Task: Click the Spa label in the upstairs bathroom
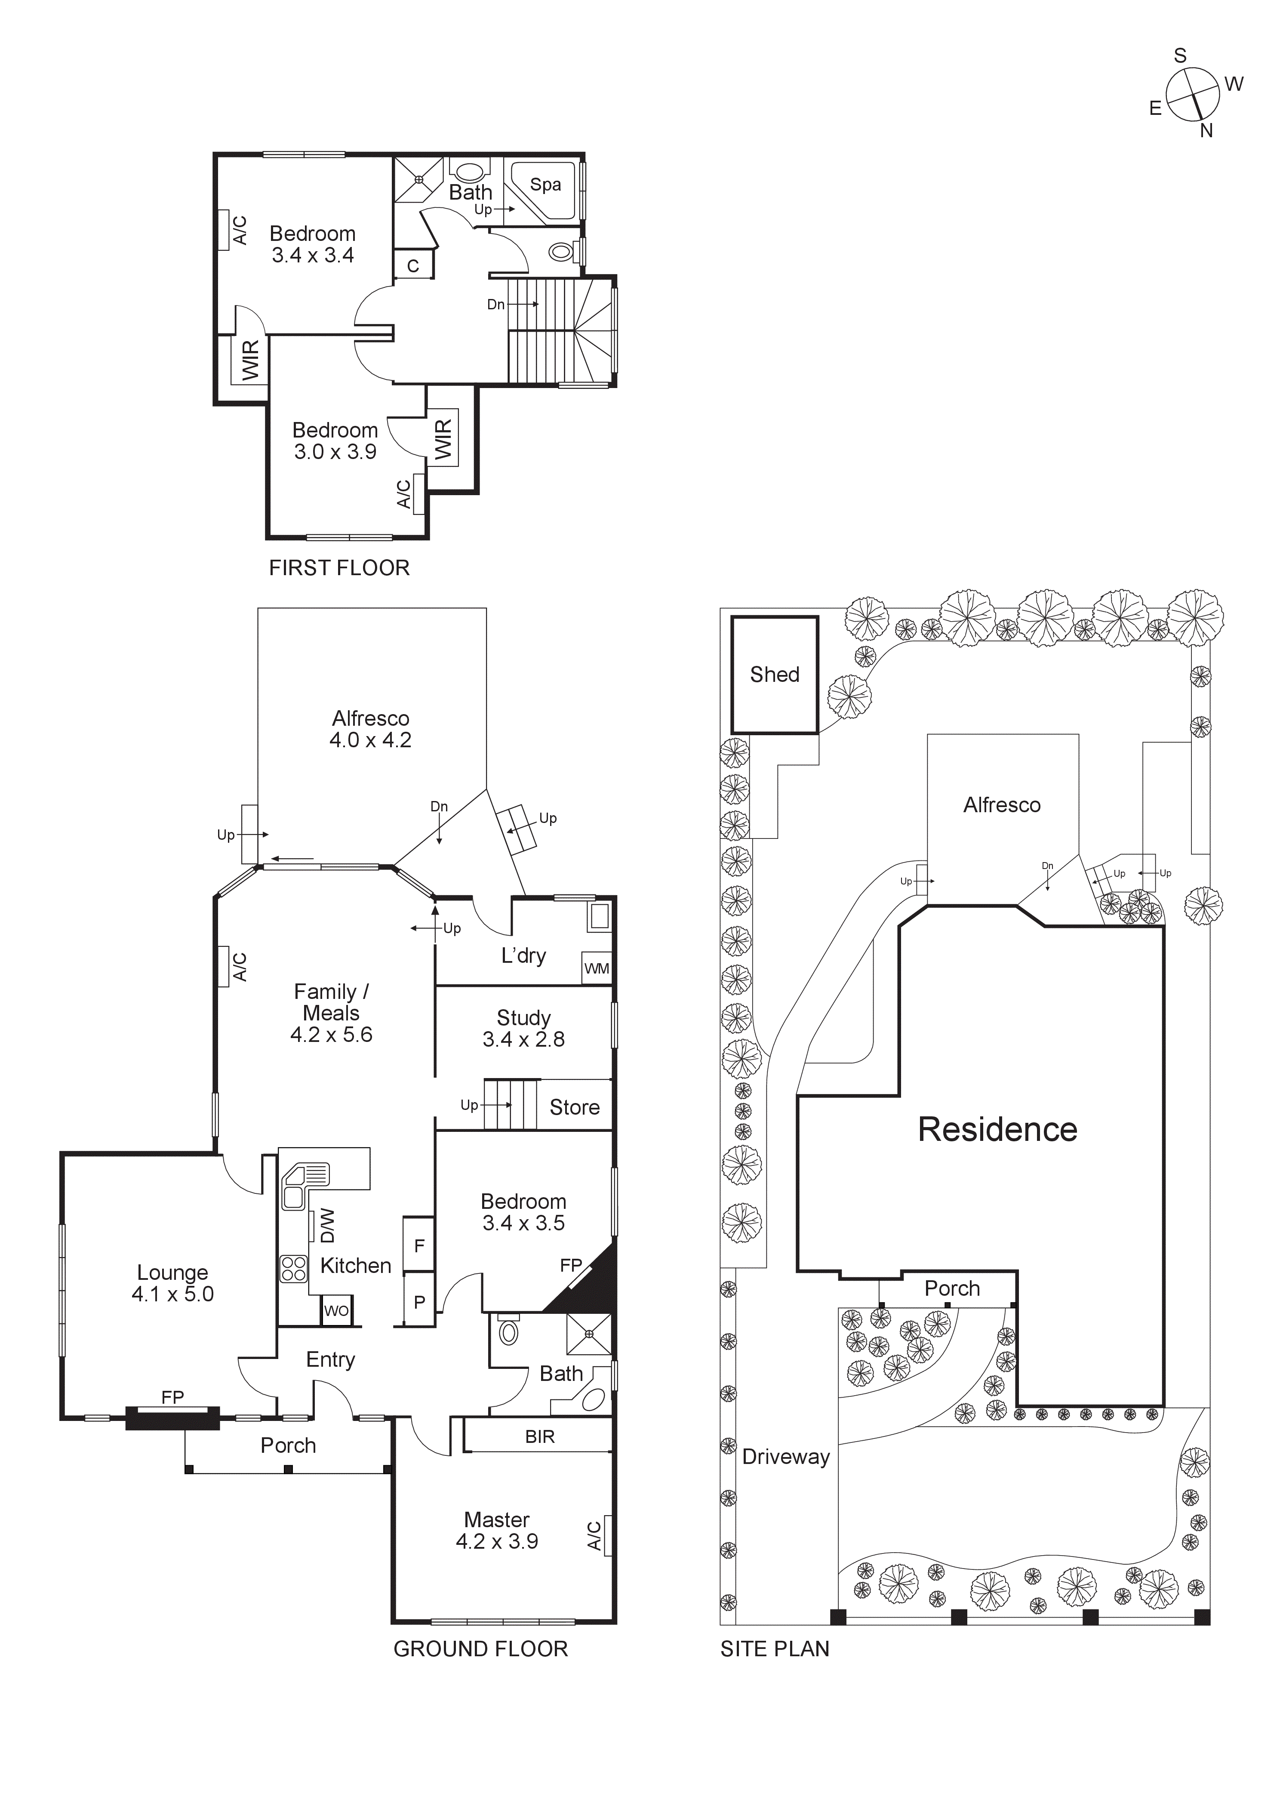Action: point(545,185)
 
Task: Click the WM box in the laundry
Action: point(597,968)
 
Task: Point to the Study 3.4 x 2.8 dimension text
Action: point(523,1039)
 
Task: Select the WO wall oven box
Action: point(336,1311)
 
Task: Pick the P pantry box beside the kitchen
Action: point(419,1301)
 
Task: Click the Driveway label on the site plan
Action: point(786,1457)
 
